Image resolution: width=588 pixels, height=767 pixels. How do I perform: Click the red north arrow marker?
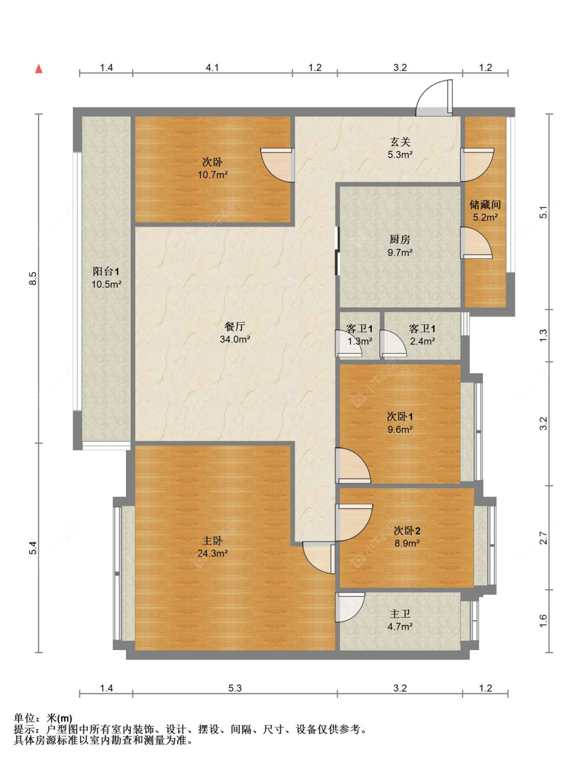click(39, 69)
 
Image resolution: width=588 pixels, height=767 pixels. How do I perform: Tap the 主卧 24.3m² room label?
click(212, 547)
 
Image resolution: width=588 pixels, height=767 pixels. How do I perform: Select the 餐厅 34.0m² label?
click(235, 333)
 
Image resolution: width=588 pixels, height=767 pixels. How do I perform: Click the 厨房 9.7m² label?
click(400, 246)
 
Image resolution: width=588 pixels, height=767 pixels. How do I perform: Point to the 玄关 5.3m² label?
click(400, 148)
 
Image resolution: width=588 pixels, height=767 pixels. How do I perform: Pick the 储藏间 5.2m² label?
click(485, 210)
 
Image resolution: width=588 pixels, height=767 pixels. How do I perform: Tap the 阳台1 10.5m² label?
click(106, 278)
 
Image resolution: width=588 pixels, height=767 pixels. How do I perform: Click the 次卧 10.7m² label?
click(212, 168)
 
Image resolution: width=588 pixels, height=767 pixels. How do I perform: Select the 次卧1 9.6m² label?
click(400, 423)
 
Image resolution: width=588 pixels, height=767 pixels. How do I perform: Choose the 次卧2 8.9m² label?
click(407, 537)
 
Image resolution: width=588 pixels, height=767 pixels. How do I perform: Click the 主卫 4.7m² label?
click(400, 620)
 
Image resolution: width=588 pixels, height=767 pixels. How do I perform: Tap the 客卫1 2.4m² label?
click(422, 335)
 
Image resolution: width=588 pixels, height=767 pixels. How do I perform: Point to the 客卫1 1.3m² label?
click(360, 335)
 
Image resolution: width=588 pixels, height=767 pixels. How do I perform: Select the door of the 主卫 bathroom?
click(349, 607)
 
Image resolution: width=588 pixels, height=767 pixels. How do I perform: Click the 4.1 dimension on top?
click(212, 67)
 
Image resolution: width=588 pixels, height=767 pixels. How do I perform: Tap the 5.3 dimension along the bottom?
click(235, 688)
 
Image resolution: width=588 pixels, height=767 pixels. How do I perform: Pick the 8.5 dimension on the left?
click(32, 278)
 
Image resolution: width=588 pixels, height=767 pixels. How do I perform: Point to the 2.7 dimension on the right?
click(544, 538)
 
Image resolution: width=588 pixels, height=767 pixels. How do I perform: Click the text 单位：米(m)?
click(43, 718)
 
